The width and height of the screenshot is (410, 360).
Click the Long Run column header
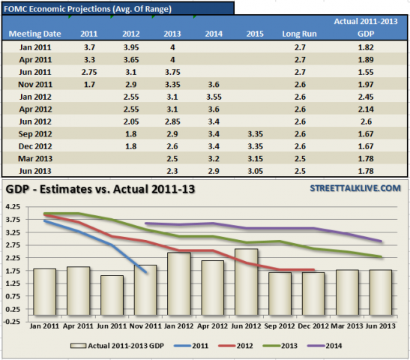pos(298,34)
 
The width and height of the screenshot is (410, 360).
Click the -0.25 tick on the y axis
pos(12,320)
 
